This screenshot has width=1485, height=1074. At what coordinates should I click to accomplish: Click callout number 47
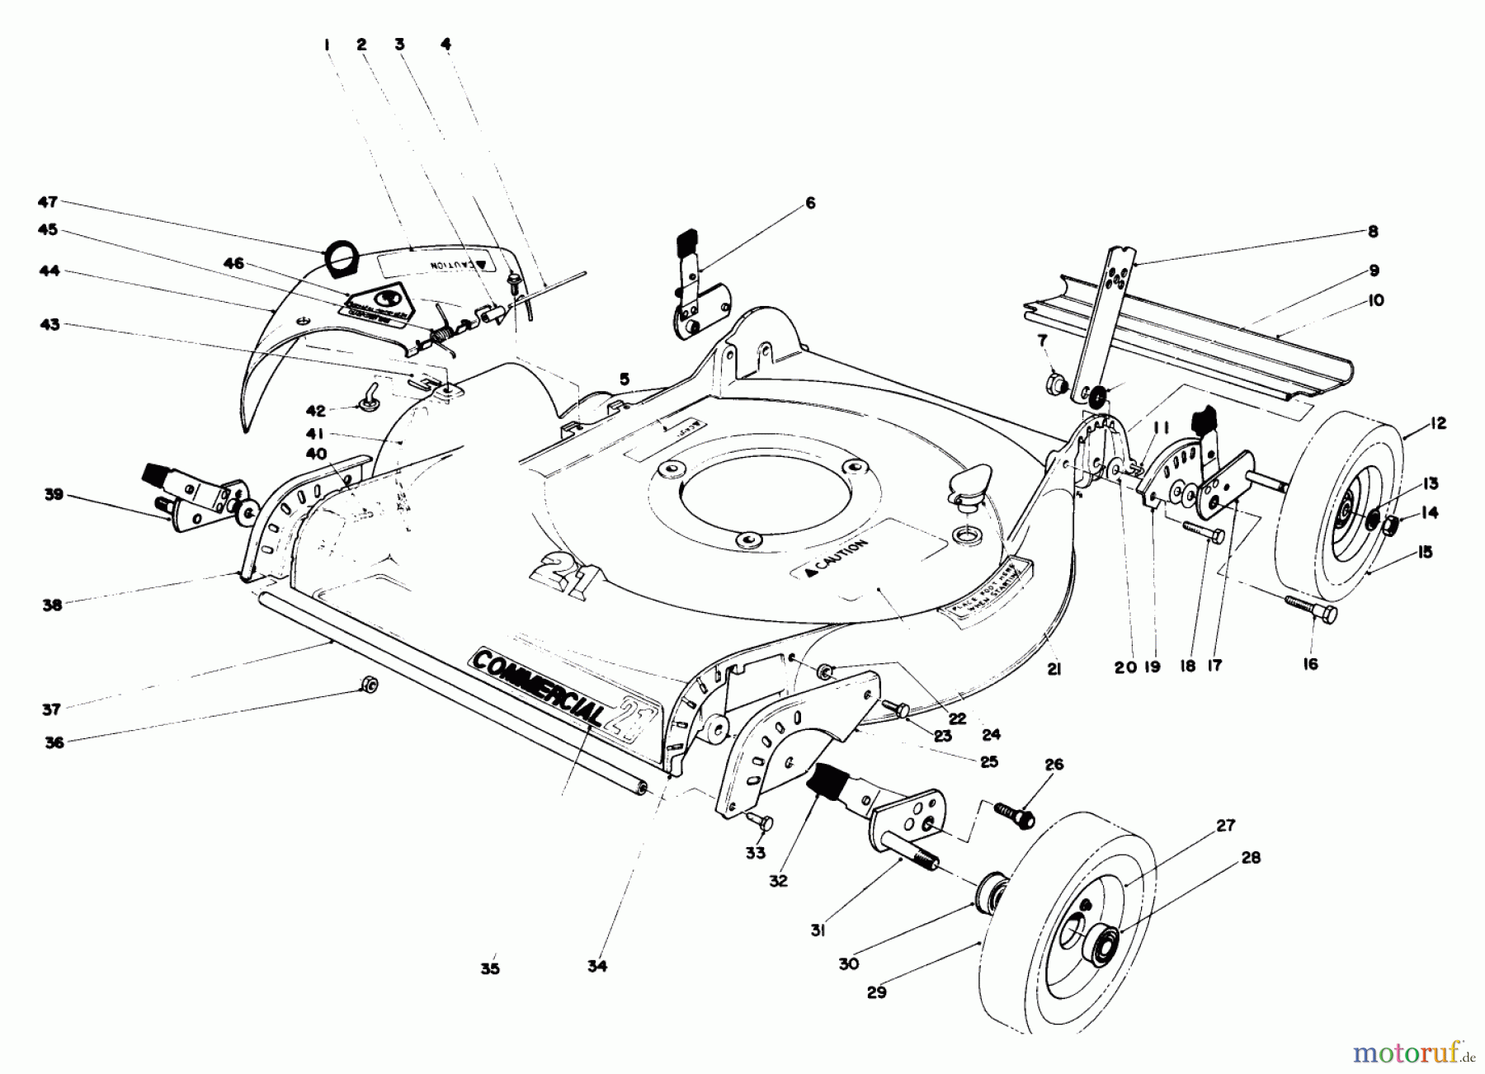[48, 201]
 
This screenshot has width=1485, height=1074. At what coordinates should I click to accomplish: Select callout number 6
[810, 202]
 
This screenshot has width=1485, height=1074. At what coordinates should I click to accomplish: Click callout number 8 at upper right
[1373, 233]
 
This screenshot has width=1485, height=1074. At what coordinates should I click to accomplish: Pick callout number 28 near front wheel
[1251, 858]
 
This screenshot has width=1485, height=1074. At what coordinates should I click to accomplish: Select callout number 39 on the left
[54, 495]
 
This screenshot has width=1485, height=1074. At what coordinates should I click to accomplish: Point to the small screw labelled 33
[760, 820]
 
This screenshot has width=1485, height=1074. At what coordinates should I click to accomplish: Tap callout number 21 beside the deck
[1054, 670]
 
